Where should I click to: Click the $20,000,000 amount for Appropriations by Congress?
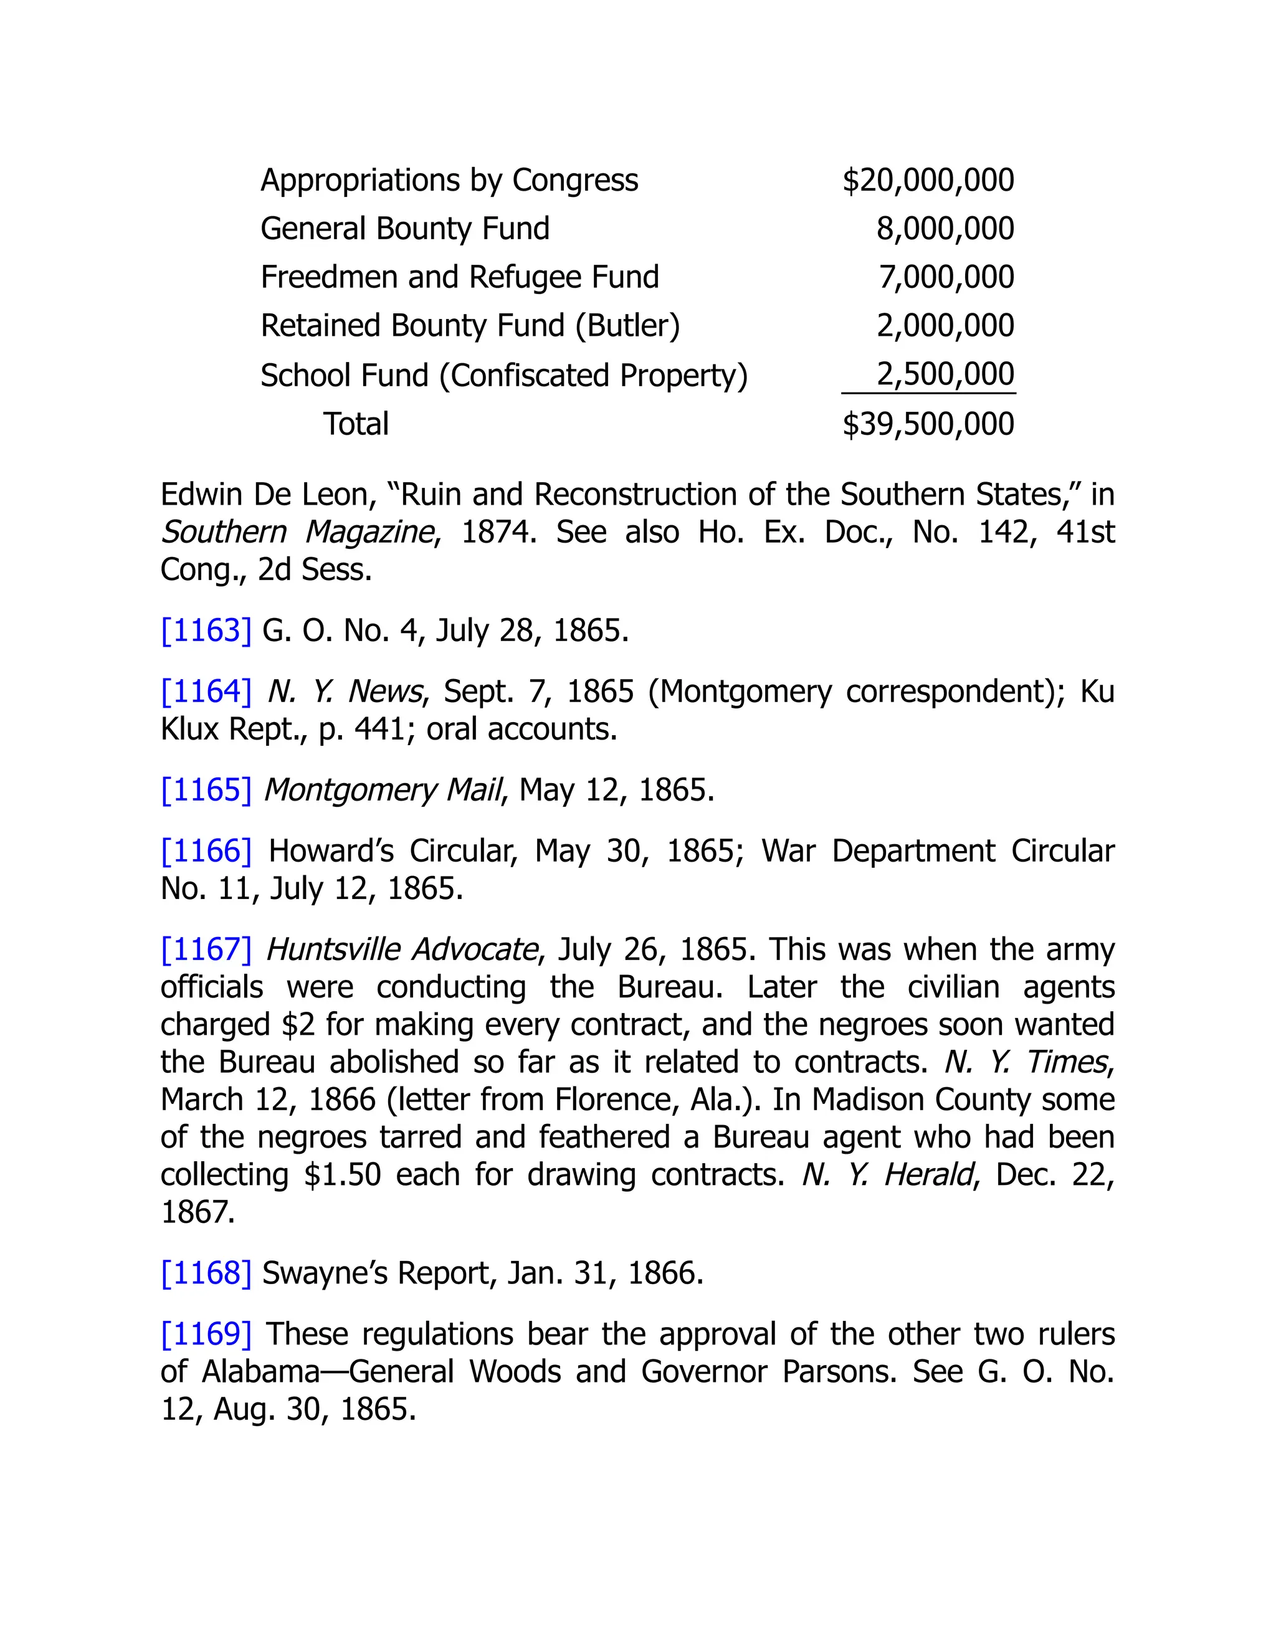click(928, 180)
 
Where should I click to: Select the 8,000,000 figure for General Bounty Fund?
click(945, 228)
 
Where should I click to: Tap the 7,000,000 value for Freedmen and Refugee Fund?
click(946, 277)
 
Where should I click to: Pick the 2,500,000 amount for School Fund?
click(945, 374)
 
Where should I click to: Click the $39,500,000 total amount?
click(928, 423)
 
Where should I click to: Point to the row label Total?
click(355, 423)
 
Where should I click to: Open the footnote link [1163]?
click(206, 630)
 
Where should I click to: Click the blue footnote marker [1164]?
click(206, 691)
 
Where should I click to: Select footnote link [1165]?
click(206, 789)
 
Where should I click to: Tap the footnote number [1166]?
click(206, 850)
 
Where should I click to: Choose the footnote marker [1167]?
click(206, 949)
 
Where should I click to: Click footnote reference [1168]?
click(206, 1272)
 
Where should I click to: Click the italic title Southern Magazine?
click(298, 532)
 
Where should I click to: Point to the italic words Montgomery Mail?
click(383, 789)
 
